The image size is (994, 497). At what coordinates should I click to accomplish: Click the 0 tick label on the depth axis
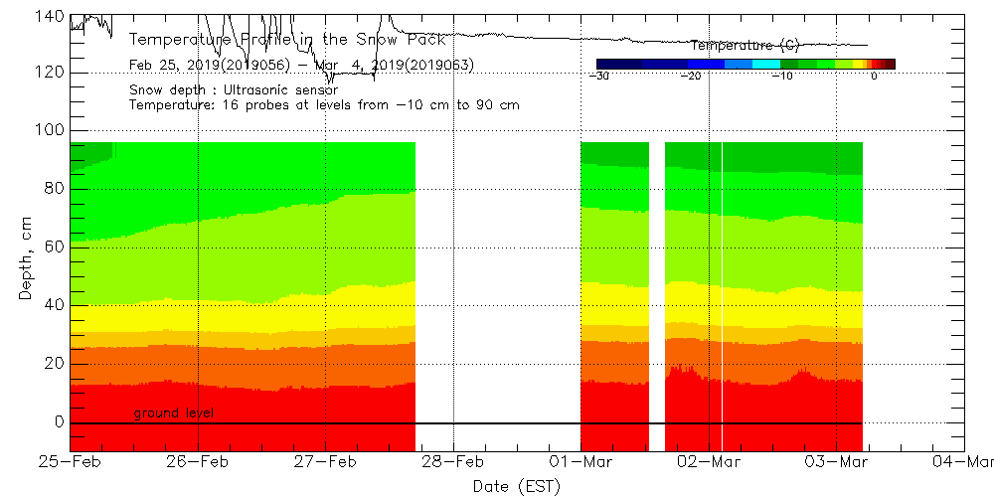click(61, 421)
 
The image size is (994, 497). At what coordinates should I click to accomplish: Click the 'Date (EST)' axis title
click(516, 486)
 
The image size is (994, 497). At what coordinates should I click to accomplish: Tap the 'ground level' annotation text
click(173, 413)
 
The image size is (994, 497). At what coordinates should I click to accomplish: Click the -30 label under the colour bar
click(598, 76)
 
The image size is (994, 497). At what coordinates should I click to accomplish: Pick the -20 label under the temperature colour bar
click(691, 76)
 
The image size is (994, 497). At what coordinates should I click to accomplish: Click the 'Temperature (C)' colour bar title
click(745, 46)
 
